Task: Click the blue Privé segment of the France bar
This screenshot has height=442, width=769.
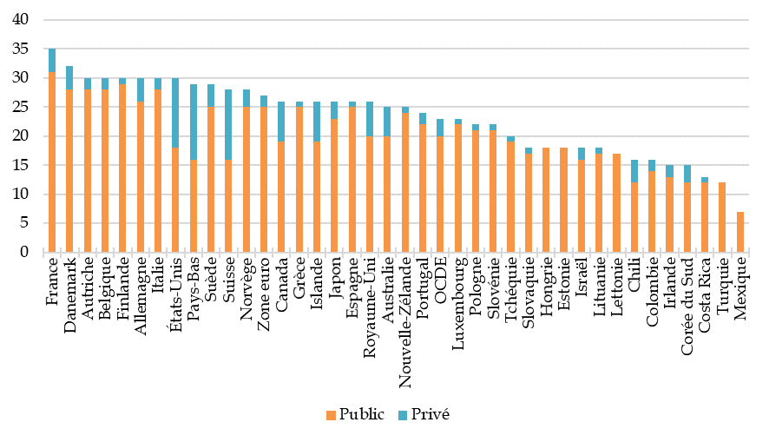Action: (x=52, y=61)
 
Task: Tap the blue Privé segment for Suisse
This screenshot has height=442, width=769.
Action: (x=229, y=124)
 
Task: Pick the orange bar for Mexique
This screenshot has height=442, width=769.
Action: (x=740, y=232)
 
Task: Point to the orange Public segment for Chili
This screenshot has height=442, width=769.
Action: (x=634, y=217)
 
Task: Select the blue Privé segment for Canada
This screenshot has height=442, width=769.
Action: (x=282, y=122)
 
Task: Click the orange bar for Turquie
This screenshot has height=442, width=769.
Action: (x=723, y=217)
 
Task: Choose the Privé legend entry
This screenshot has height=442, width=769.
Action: (x=424, y=414)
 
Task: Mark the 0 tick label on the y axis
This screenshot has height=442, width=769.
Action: (x=24, y=253)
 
